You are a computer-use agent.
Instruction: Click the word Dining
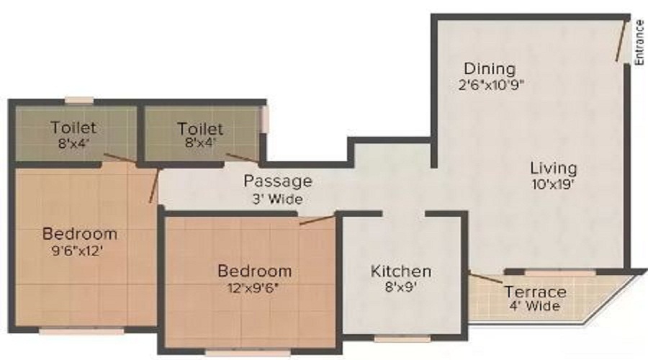[490, 69]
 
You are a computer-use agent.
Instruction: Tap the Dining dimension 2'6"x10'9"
[491, 85]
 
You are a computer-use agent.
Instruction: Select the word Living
[554, 168]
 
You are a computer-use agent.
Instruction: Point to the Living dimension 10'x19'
[554, 184]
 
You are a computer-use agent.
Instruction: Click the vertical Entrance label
[639, 42]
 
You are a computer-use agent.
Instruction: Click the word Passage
[278, 181]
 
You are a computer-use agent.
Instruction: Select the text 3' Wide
[278, 199]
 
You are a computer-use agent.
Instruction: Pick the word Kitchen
[401, 271]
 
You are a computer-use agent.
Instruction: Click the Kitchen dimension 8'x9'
[401, 287]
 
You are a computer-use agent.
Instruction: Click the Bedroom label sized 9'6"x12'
[80, 234]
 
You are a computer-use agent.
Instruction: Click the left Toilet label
[73, 127]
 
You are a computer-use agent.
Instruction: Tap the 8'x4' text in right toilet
[200, 144]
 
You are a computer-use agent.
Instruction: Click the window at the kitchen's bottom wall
[402, 338]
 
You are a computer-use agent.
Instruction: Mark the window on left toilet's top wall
[79, 100]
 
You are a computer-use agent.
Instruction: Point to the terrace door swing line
[486, 278]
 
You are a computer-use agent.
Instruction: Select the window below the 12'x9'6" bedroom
[248, 353]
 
